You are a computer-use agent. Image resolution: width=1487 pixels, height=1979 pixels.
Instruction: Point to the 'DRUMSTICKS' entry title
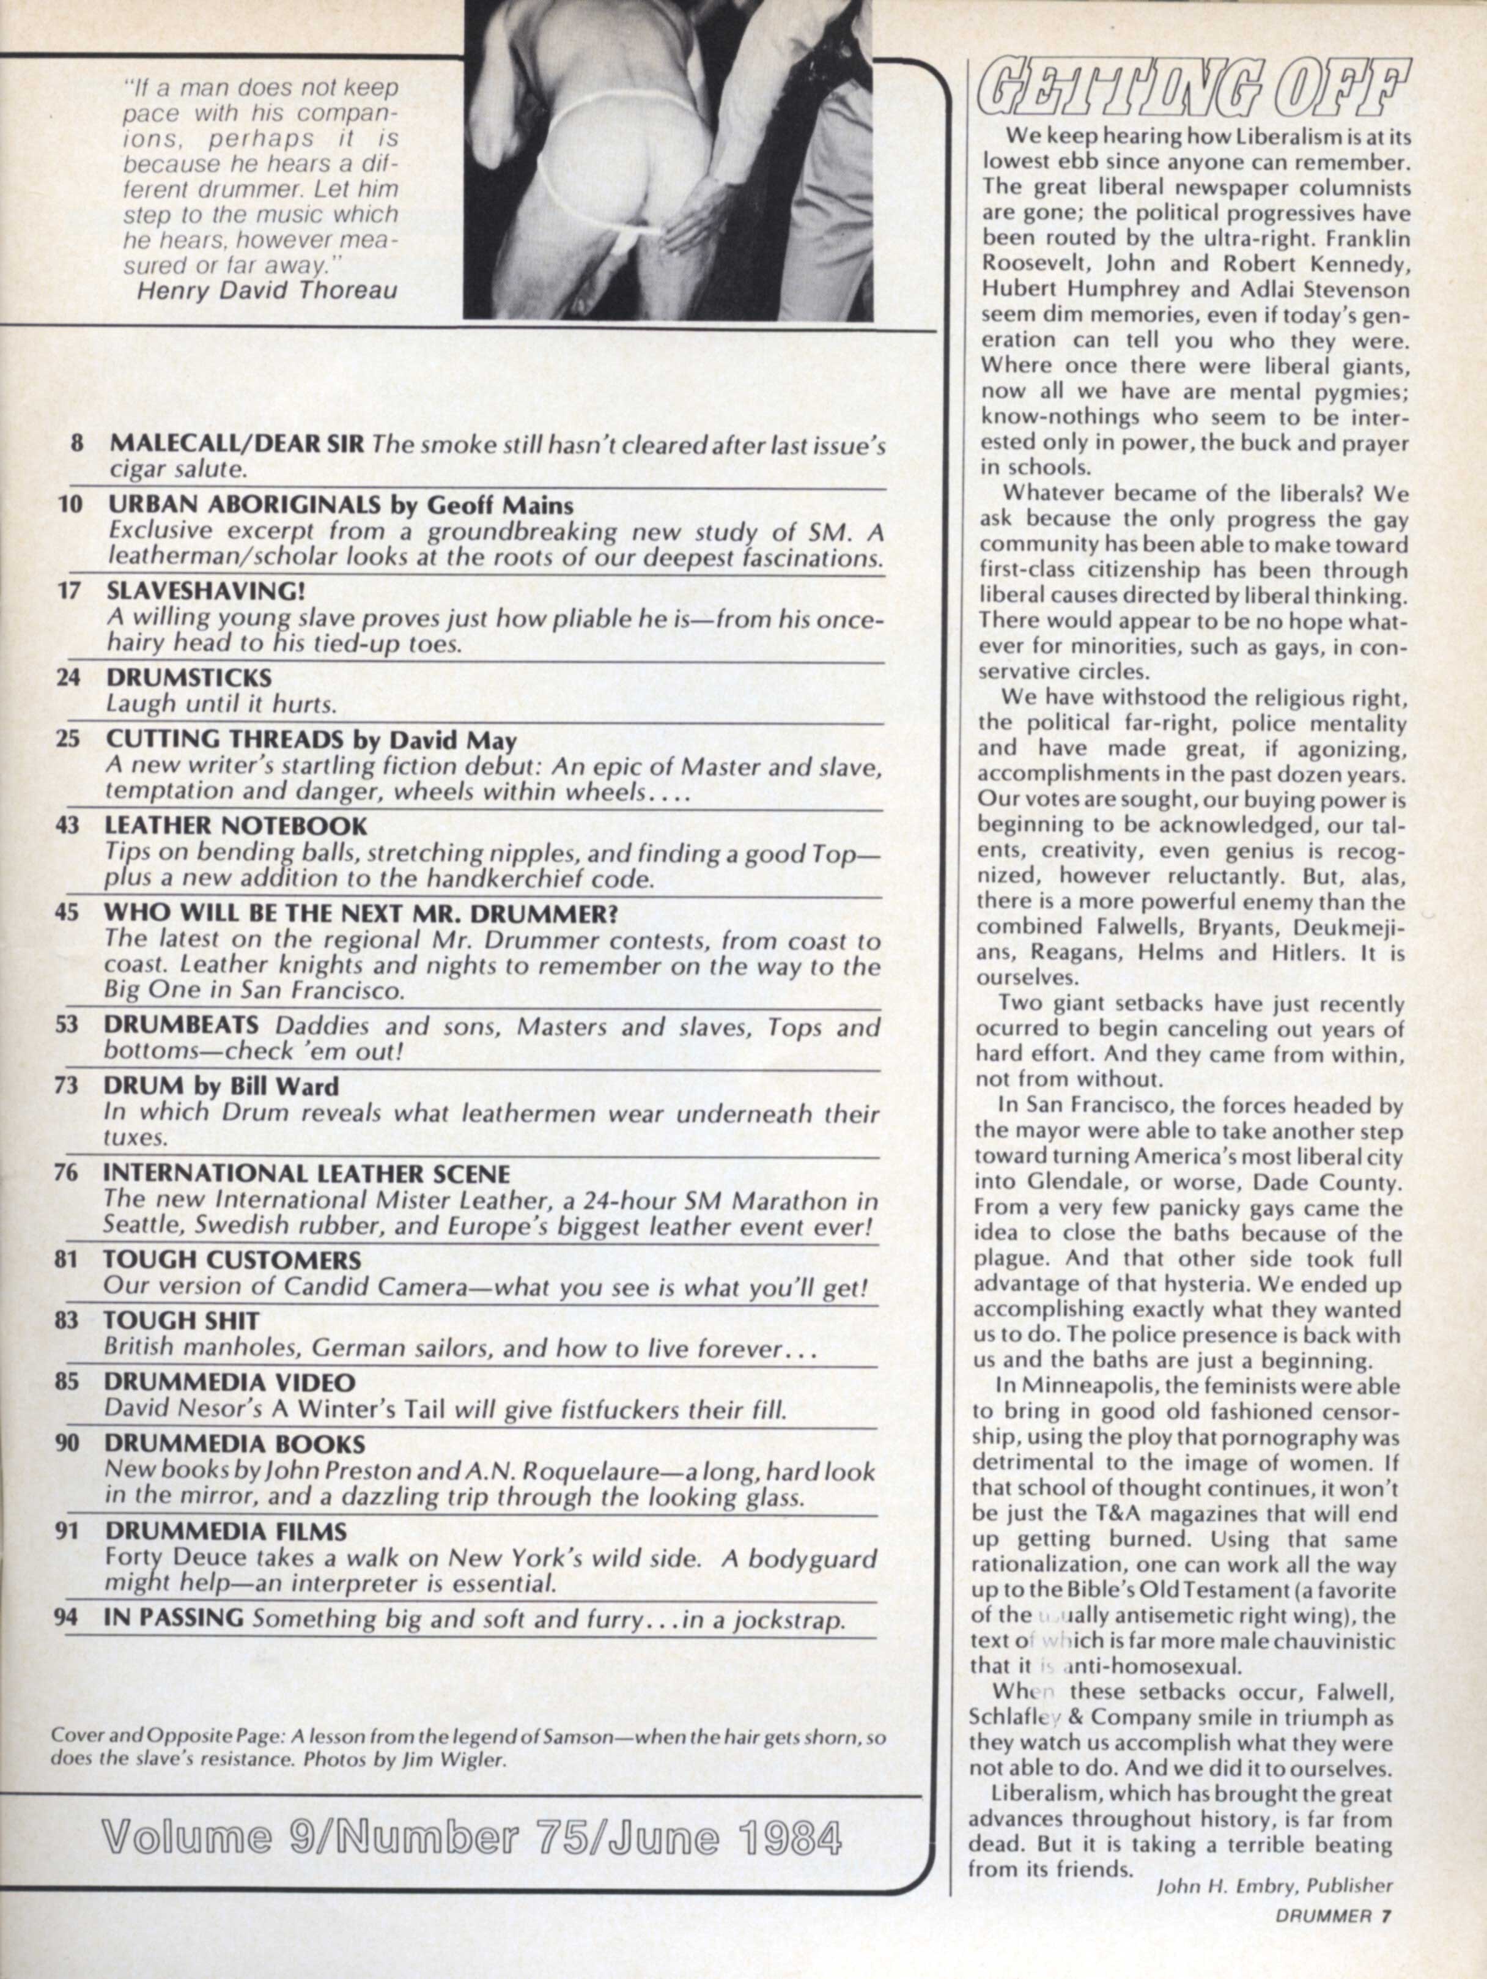pos(189,676)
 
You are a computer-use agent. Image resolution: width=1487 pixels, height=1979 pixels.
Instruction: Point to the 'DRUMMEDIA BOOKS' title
pos(234,1443)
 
